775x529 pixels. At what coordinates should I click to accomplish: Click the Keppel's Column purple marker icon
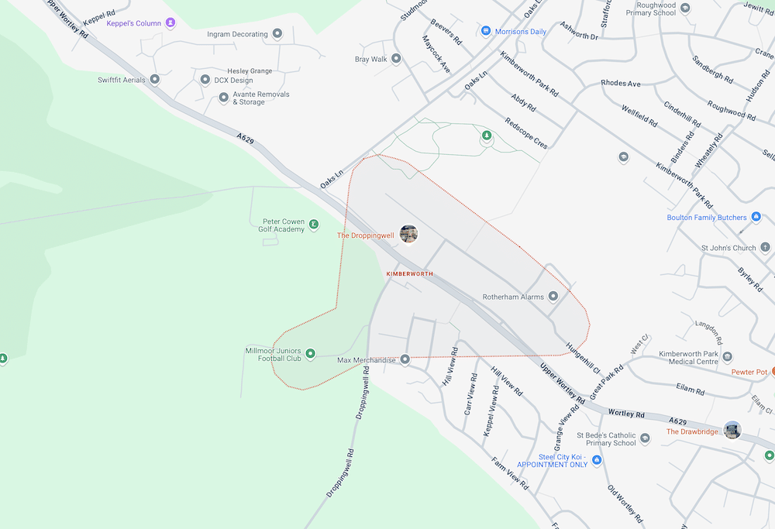coord(170,23)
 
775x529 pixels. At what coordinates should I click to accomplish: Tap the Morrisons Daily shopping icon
coord(486,31)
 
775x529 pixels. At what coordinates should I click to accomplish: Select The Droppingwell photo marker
coord(408,234)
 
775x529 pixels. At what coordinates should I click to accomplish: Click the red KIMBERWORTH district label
coord(409,274)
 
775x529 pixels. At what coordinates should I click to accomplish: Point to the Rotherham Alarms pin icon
coord(553,296)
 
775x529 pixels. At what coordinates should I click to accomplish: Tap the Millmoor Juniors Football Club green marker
coord(311,354)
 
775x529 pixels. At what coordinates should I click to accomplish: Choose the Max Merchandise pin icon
coord(405,360)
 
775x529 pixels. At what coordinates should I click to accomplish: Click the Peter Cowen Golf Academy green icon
coord(314,225)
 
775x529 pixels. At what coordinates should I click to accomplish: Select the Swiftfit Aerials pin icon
coord(155,80)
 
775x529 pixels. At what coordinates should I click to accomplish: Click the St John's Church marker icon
coord(766,248)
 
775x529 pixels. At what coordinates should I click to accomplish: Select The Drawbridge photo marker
coord(732,431)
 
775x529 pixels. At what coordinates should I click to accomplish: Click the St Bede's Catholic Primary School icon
coord(645,439)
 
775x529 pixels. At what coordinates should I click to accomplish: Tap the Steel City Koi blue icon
coord(597,460)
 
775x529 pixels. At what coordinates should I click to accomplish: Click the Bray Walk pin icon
coord(396,59)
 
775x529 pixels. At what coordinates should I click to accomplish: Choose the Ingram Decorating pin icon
coord(277,34)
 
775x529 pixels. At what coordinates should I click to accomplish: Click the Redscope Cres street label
coord(526,133)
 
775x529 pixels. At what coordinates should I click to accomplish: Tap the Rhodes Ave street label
coord(621,84)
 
